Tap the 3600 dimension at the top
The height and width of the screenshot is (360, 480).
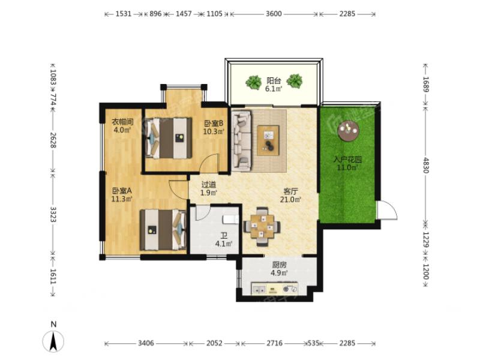tap(274, 14)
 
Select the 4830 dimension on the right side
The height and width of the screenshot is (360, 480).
tap(425, 166)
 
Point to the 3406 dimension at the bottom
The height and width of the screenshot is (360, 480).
tap(146, 343)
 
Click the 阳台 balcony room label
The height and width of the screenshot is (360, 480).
tap(274, 81)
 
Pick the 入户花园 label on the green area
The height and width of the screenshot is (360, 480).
tap(347, 160)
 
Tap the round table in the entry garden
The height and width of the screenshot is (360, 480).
tap(348, 130)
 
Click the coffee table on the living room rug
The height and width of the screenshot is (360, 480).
tap(268, 140)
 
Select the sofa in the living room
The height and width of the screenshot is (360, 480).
tap(242, 140)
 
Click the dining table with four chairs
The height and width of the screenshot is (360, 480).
tap(262, 227)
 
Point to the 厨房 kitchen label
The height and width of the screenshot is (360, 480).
tap(279, 265)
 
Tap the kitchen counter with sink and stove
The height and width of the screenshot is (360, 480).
tap(275, 289)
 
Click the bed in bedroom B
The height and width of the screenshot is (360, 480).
tap(169, 138)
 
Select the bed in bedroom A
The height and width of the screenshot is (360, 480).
tap(163, 230)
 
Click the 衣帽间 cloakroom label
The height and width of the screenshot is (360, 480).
tap(122, 122)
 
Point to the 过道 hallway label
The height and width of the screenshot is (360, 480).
tap(209, 185)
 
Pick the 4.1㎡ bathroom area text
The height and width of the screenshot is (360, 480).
tap(223, 244)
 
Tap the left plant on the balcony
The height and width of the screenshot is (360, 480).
tap(253, 82)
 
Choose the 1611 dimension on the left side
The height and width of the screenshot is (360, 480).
tap(53, 276)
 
